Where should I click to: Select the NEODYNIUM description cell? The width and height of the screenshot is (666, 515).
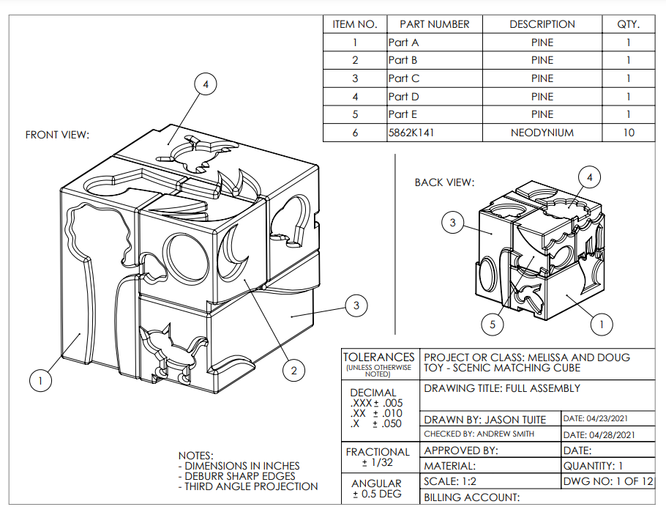coord(542,133)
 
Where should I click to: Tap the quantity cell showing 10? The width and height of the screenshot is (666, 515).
coord(627,133)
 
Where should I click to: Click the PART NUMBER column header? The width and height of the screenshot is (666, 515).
coord(434,24)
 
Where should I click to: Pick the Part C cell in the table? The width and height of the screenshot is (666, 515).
coord(404,78)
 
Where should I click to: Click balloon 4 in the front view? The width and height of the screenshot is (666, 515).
coord(206,85)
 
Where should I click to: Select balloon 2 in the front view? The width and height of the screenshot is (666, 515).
coord(293,371)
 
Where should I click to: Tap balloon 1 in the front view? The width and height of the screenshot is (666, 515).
coord(41,380)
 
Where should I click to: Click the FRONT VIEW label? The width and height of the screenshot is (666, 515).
coord(57,135)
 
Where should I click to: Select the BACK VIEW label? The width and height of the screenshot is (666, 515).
coord(444,182)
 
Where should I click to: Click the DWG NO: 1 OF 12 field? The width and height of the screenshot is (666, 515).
coord(607,481)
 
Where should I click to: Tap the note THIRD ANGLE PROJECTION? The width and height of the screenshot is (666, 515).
coord(251,486)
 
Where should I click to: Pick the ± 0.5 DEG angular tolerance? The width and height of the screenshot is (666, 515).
coord(376,494)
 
